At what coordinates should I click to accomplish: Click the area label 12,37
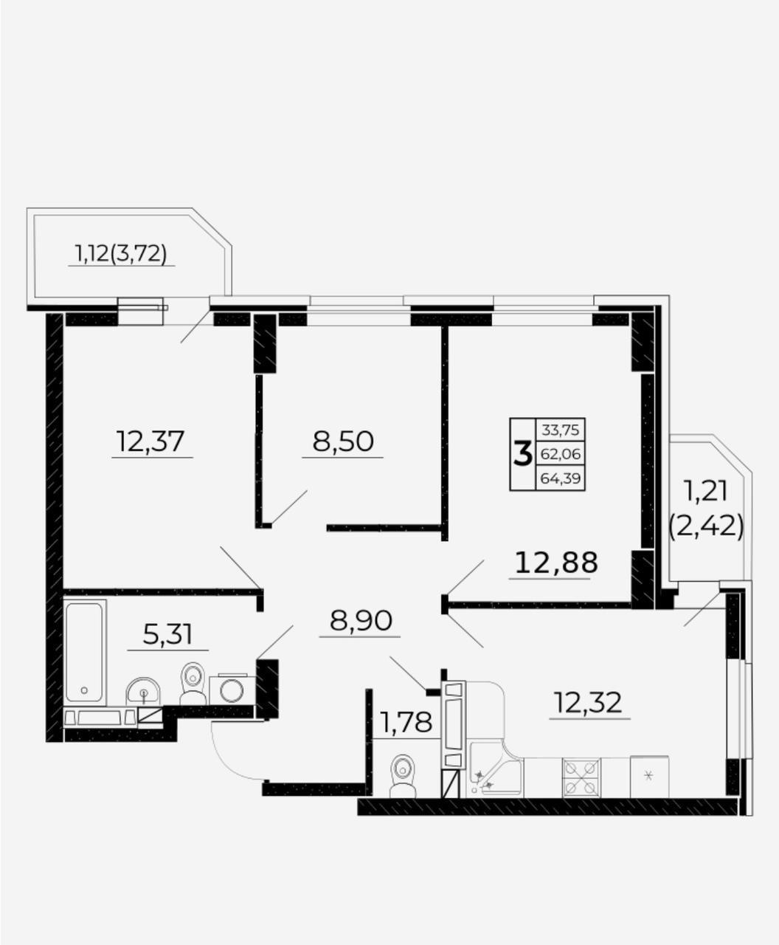[x=150, y=441]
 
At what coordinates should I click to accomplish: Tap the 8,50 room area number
[x=343, y=441]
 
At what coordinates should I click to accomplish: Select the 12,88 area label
[x=556, y=563]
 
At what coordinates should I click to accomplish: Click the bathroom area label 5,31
[x=167, y=634]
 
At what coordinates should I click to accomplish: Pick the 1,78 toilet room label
[x=406, y=722]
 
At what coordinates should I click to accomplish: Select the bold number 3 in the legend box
[x=523, y=454]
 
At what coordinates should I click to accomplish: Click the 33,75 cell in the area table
[x=561, y=430]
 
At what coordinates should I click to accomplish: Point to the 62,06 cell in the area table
[x=561, y=453]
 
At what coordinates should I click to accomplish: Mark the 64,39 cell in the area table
[x=561, y=478]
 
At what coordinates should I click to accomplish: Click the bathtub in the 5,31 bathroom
[x=86, y=653]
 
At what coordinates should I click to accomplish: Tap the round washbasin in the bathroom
[x=143, y=691]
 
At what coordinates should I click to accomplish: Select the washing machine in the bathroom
[x=232, y=690]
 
